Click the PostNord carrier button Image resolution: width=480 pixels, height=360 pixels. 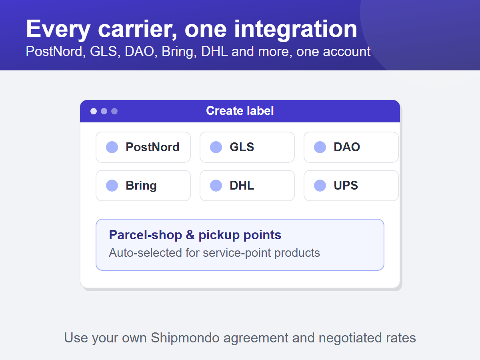tap(143, 147)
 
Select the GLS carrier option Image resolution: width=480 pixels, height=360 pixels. tap(247, 147)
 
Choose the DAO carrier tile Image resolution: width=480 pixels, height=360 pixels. tap(351, 147)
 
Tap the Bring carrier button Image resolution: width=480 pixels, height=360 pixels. tap(143, 186)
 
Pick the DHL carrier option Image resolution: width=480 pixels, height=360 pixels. tap(247, 186)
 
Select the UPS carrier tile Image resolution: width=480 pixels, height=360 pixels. tap(351, 186)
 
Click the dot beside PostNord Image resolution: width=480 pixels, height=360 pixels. tap(112, 147)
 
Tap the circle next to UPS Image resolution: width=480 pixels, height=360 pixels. tap(320, 186)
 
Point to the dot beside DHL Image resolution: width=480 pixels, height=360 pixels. tap(216, 186)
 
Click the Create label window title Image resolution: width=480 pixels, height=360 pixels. tap(240, 111)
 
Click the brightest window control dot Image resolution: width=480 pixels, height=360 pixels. tap(94, 111)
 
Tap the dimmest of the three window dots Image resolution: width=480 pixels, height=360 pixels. tap(114, 111)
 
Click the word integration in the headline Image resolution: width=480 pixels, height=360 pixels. tap(296, 29)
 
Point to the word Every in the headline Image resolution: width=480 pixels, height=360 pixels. tap(58, 29)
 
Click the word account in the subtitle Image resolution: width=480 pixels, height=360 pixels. tap(347, 52)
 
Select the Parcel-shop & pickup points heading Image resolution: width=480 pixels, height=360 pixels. tap(195, 235)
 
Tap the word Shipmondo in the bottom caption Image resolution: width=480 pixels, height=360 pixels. tap(185, 338)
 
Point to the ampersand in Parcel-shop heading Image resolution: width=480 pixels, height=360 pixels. tap(190, 235)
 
